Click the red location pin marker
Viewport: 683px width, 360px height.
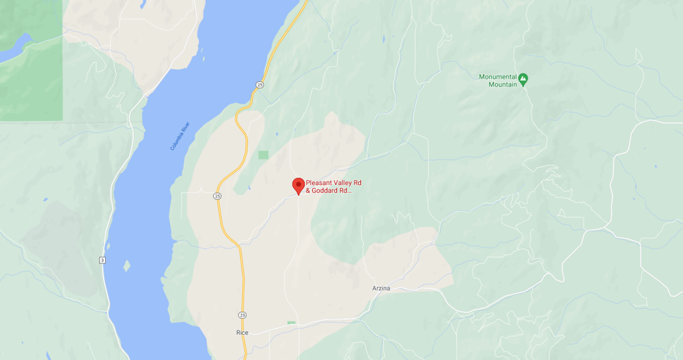click(x=298, y=185)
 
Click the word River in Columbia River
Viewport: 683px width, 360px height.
click(x=185, y=127)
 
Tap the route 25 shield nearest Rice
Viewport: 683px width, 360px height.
click(x=242, y=315)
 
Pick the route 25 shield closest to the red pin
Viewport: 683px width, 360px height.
click(x=217, y=196)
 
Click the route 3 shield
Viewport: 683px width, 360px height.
click(x=103, y=260)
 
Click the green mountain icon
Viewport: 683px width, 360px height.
click(x=523, y=78)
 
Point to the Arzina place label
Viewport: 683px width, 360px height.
click(x=381, y=289)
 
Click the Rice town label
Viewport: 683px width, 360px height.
click(x=242, y=333)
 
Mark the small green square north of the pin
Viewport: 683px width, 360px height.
click(x=263, y=155)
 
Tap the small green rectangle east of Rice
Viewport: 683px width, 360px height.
click(x=291, y=323)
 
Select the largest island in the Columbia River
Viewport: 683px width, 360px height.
click(x=127, y=266)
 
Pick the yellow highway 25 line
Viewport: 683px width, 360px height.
click(x=230, y=230)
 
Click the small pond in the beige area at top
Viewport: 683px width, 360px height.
click(x=143, y=4)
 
